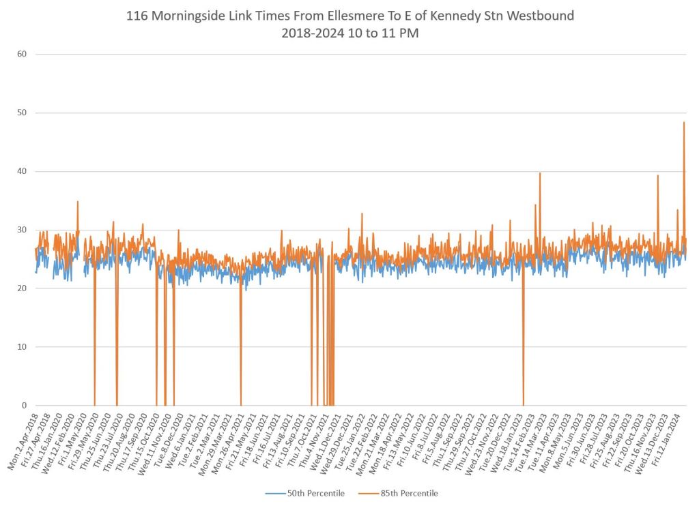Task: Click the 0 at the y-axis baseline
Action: pyautogui.click(x=23, y=406)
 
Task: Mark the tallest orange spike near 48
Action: pyautogui.click(x=684, y=123)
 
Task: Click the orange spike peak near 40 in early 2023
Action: pyautogui.click(x=540, y=173)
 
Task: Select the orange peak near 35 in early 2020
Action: pyautogui.click(x=78, y=202)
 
